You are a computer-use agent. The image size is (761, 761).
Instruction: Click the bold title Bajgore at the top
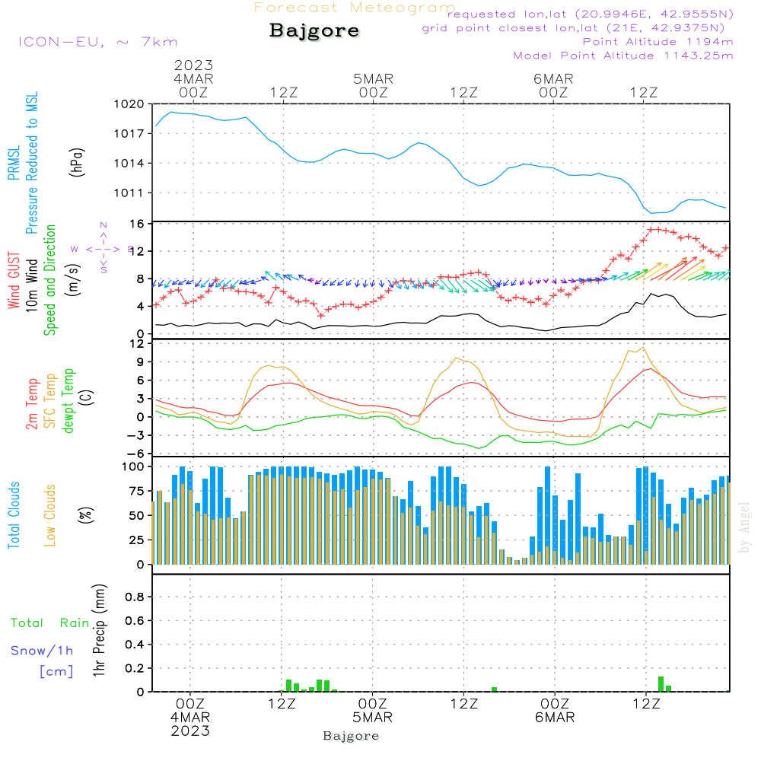pyautogui.click(x=314, y=31)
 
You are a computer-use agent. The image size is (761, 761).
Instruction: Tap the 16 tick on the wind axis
pyautogui.click(x=137, y=224)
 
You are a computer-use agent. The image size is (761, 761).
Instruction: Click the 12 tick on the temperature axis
pyautogui.click(x=137, y=344)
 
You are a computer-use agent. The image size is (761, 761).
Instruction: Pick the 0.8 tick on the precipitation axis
pyautogui.click(x=135, y=597)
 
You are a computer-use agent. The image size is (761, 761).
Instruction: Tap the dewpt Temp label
pyautogui.click(x=68, y=401)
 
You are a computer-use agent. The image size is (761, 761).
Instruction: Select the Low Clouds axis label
pyautogui.click(x=50, y=515)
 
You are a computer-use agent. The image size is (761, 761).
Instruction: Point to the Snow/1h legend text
pyautogui.click(x=42, y=651)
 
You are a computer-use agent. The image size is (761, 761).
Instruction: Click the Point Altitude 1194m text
pyautogui.click(x=658, y=42)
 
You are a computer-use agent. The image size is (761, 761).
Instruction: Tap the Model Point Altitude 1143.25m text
pyautogui.click(x=622, y=56)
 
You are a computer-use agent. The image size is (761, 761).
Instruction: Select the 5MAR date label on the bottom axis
pyautogui.click(x=372, y=718)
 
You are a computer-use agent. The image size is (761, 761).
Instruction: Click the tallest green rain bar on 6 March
pyautogui.click(x=661, y=683)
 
